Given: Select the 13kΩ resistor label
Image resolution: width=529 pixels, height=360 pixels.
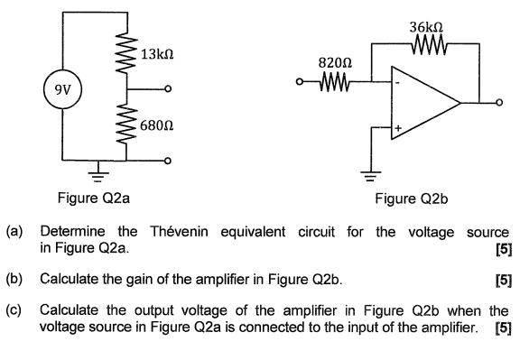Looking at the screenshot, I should point(155,56).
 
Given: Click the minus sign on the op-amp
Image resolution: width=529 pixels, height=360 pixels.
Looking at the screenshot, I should point(396,81).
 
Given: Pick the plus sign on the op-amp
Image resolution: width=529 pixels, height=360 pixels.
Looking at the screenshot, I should point(396,127).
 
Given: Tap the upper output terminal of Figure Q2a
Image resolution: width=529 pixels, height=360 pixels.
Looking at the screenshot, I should point(168,89).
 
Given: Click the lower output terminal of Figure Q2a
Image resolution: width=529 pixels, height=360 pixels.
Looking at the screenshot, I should point(168,160).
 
